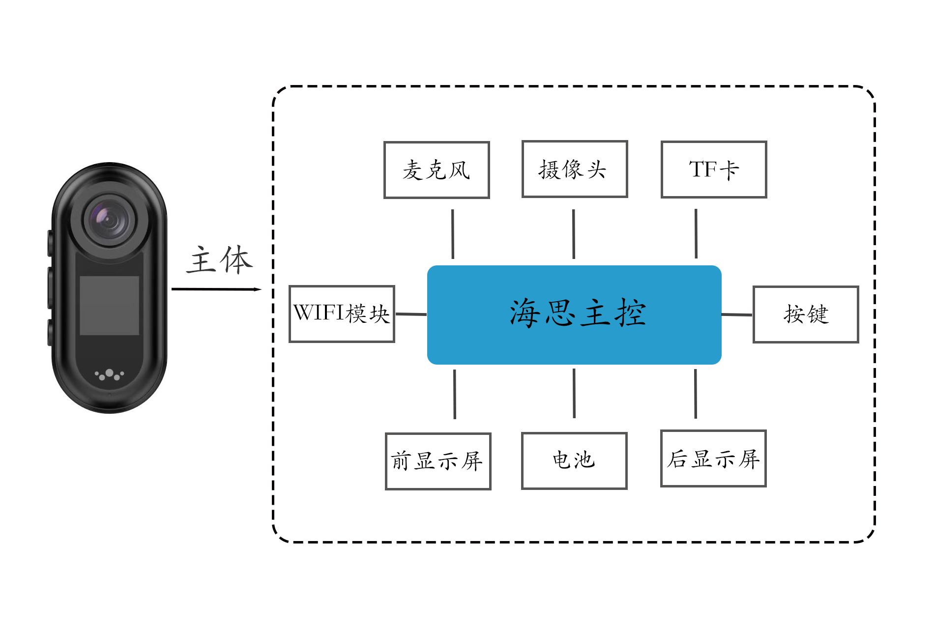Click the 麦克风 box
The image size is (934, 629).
[x=437, y=170]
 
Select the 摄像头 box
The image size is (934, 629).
[x=575, y=169]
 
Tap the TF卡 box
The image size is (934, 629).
[x=714, y=170]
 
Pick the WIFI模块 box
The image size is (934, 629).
[x=342, y=314]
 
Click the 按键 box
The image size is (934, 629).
[x=806, y=314]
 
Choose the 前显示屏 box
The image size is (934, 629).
[x=438, y=461]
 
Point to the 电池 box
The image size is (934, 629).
[x=574, y=461]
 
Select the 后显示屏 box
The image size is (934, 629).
[x=713, y=458]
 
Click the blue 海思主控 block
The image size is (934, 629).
[x=574, y=315]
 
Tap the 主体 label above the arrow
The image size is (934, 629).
[x=219, y=260]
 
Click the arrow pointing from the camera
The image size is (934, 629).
[x=216, y=289]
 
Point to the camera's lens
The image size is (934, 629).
[x=109, y=220]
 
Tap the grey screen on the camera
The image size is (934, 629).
[x=110, y=306]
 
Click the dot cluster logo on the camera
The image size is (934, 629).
[x=109, y=375]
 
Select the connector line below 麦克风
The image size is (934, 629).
[x=453, y=234]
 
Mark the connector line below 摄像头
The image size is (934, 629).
[x=574, y=234]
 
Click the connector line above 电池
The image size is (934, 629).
[x=574, y=394]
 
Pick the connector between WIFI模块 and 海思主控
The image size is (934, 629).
[x=411, y=314]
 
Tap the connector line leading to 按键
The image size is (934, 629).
[x=737, y=314]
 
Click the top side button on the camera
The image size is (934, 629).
[x=50, y=243]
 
